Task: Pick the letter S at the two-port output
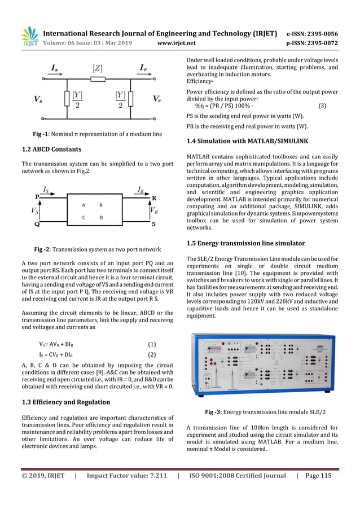(x=153, y=224)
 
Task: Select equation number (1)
(x=151, y=344)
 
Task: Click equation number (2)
(x=151, y=355)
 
